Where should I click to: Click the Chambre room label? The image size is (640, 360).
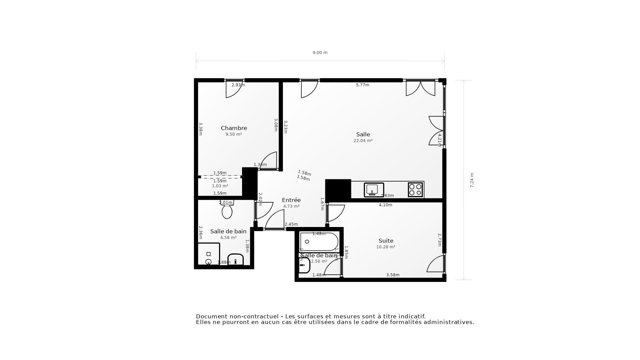[x=234, y=128]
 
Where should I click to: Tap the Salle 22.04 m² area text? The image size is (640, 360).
[x=363, y=141]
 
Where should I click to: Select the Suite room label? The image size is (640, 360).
[x=386, y=241]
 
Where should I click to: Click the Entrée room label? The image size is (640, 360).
[x=291, y=200]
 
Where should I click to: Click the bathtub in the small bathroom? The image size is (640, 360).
[x=319, y=242]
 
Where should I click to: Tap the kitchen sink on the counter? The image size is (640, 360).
[x=374, y=190]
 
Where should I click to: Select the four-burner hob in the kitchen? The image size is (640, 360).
[x=415, y=190]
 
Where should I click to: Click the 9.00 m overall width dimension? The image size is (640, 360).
[x=320, y=53]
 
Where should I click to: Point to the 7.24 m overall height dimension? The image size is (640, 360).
[x=472, y=180]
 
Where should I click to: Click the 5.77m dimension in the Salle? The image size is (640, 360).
[x=362, y=85]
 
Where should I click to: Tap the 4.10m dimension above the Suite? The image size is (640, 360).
[x=385, y=205]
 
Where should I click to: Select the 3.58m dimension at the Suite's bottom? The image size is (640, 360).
[x=393, y=275]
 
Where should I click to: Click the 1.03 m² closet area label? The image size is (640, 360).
[x=220, y=186]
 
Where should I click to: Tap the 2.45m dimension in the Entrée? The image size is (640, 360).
[x=291, y=224]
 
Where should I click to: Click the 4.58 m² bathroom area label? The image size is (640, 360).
[x=228, y=238]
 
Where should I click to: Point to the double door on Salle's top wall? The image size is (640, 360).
[x=420, y=88]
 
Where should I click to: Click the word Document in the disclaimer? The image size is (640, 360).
[x=210, y=316]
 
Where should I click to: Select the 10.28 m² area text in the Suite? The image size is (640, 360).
[x=386, y=247]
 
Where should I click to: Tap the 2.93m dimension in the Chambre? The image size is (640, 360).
[x=238, y=85]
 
